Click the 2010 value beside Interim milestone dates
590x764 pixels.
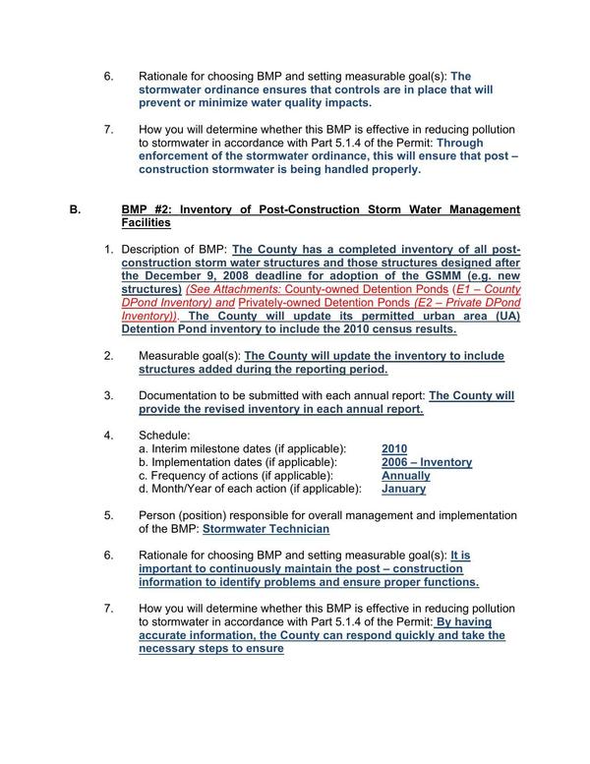pos(393,448)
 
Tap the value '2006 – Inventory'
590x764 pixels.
pos(426,462)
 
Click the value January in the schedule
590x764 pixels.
pos(403,489)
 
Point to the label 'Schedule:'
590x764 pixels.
pos(164,435)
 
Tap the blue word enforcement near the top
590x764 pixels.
pos(177,155)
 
